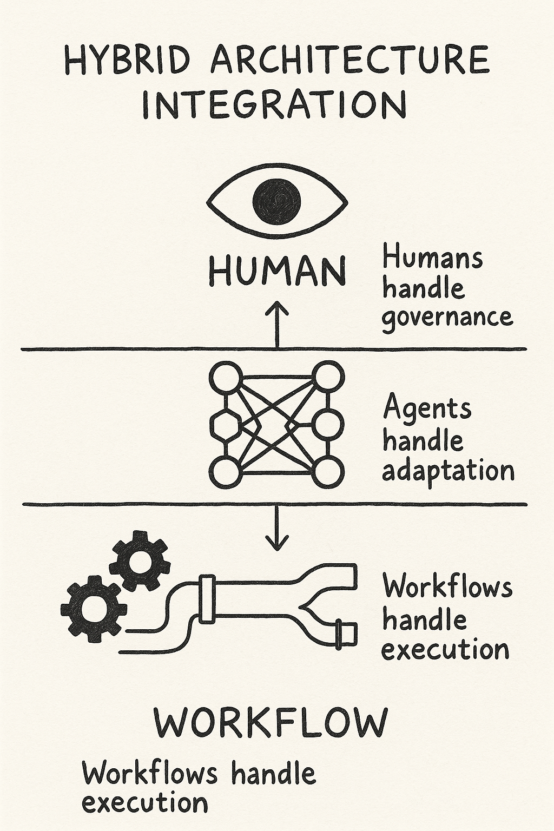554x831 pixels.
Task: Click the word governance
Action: (x=447, y=316)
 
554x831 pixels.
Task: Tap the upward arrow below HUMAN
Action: (x=277, y=325)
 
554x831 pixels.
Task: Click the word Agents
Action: (x=427, y=408)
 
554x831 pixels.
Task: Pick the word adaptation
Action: (x=448, y=470)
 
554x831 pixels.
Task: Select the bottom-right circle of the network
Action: (x=329, y=472)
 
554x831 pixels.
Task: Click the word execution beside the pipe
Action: (x=445, y=649)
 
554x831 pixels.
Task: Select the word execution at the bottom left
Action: (x=144, y=803)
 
